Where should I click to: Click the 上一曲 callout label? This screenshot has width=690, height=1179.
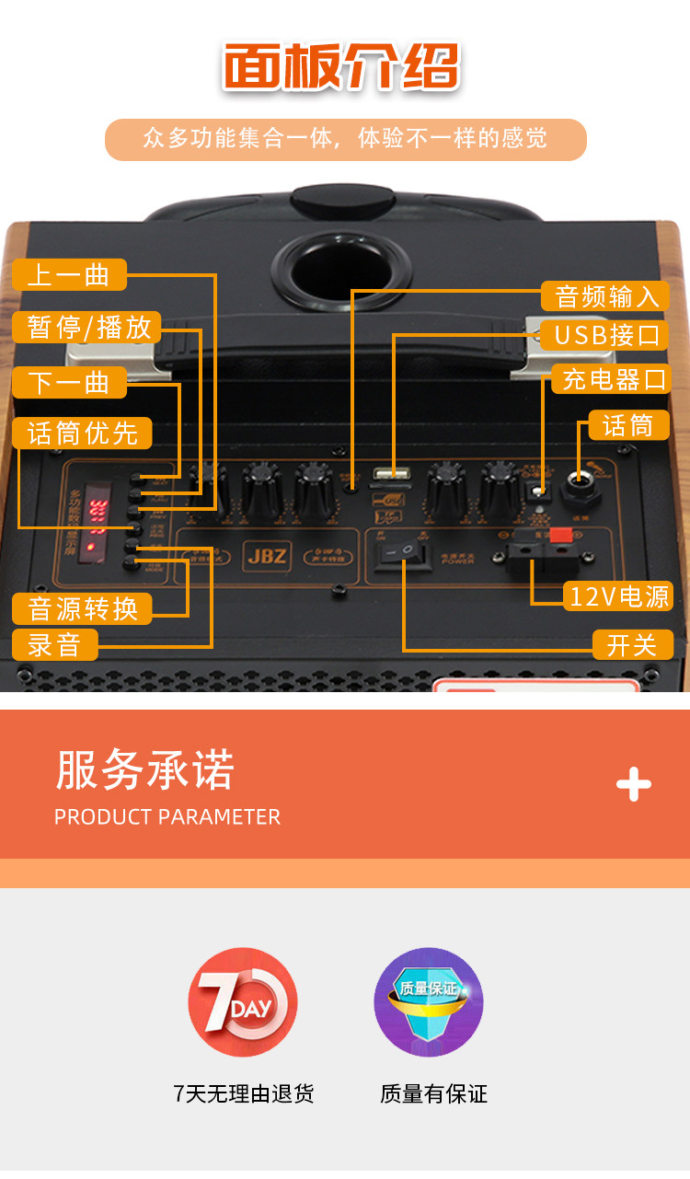(x=69, y=274)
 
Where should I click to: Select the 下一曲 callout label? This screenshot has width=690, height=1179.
(x=69, y=382)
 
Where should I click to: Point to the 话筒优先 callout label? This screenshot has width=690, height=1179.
(x=82, y=433)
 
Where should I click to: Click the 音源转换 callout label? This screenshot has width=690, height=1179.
(x=82, y=607)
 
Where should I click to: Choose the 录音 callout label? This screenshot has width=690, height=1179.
(x=54, y=644)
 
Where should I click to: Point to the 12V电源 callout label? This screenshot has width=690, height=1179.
(x=619, y=595)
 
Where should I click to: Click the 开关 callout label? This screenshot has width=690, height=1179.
(x=631, y=644)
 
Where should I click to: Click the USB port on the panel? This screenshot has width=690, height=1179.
(x=391, y=476)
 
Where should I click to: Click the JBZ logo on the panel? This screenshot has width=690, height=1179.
(x=267, y=555)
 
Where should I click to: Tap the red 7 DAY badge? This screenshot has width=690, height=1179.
(x=243, y=1002)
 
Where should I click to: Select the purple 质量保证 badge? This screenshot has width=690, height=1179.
(x=429, y=1002)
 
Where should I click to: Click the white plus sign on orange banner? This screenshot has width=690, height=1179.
(x=633, y=784)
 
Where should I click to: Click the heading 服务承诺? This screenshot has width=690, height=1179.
(x=145, y=769)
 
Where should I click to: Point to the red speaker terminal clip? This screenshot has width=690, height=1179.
(x=559, y=535)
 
